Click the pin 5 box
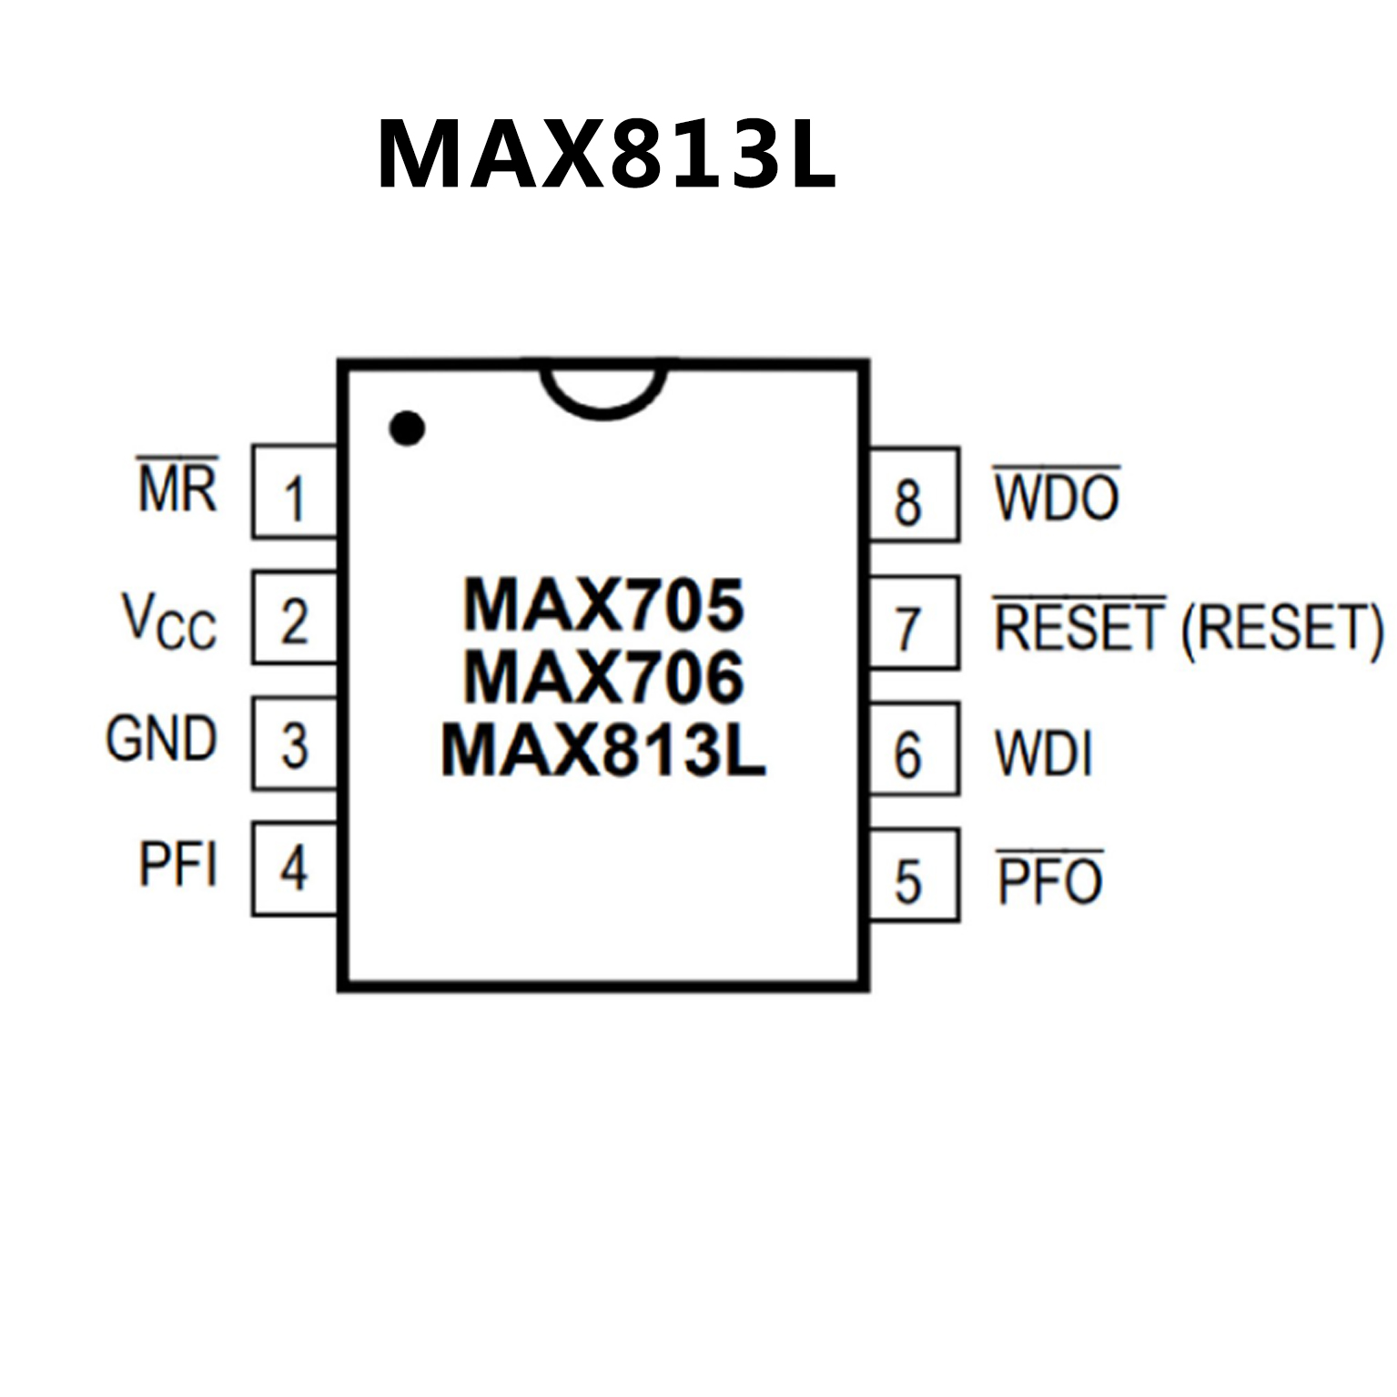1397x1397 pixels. [913, 876]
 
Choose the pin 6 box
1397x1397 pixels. [913, 749]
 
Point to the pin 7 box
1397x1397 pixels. [913, 623]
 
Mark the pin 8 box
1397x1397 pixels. [913, 495]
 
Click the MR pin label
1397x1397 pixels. [177, 487]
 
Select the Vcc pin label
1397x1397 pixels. [169, 621]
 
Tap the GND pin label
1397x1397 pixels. [161, 738]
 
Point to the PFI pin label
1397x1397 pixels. [177, 864]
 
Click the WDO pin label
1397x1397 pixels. [1056, 497]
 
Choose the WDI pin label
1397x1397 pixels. [1043, 753]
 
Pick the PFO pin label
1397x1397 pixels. [1050, 880]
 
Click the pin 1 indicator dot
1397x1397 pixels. [407, 428]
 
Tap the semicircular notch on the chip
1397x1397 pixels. [603, 390]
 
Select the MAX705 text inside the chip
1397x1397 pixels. [603, 604]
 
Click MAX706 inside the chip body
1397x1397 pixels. [603, 678]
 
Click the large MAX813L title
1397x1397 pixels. [606, 154]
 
